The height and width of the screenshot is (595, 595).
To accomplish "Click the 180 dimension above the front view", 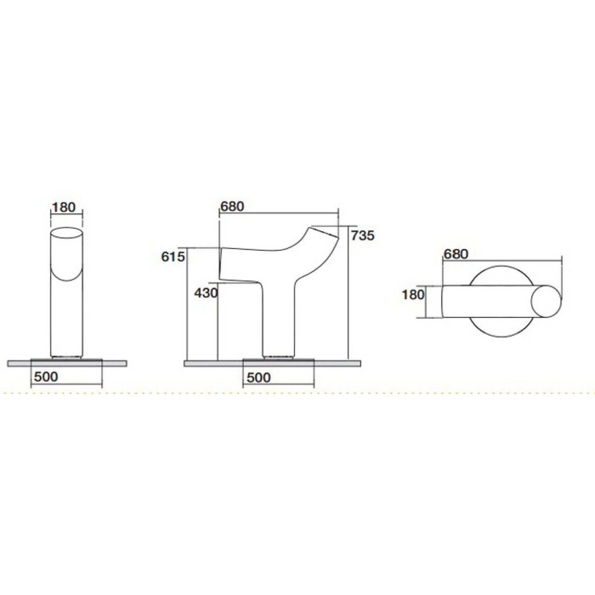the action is pos(64,208).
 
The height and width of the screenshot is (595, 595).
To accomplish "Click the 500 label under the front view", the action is pos(46,377).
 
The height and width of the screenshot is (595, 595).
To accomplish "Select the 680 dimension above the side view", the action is pos(232,206).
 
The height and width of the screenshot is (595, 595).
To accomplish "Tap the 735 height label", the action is pos(363,235).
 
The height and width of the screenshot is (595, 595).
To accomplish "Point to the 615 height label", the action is pos(173,256).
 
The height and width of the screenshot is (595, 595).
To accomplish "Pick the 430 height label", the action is pos(206,293).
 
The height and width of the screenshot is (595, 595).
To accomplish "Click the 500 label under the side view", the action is pos(259,377).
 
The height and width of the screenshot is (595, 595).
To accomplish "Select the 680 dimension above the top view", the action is pos(456,254).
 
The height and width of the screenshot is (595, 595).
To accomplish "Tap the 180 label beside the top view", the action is pos(413,295).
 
